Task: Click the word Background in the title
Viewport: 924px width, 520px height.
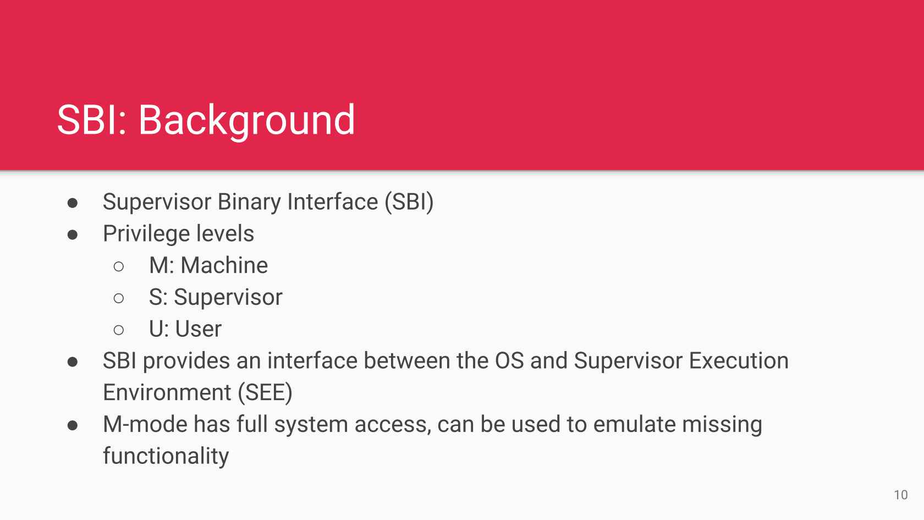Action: pyautogui.click(x=246, y=121)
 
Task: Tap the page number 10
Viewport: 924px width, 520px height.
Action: pyautogui.click(x=901, y=495)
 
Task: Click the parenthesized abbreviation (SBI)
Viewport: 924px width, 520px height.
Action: pyautogui.click(x=409, y=202)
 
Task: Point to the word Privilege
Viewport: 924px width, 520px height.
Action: pyautogui.click(x=146, y=234)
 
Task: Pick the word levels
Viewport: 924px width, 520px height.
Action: pyautogui.click(x=225, y=233)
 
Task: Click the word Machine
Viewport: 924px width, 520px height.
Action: pyautogui.click(x=224, y=265)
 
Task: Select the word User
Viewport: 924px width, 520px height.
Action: pyautogui.click(x=199, y=329)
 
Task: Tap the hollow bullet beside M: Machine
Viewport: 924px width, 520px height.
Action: pyautogui.click(x=119, y=266)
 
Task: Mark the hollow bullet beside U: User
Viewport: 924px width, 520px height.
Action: pyautogui.click(x=119, y=330)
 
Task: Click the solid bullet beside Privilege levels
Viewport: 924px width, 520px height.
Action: pyautogui.click(x=73, y=235)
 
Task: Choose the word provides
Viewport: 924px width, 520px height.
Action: pyautogui.click(x=186, y=361)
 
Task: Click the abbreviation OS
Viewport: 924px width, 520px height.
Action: pyautogui.click(x=509, y=361)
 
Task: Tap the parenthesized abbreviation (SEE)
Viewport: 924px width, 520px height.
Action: pyautogui.click(x=265, y=392)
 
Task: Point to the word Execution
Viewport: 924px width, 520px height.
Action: pyautogui.click(x=739, y=361)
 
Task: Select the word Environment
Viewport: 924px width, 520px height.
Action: pyautogui.click(x=167, y=392)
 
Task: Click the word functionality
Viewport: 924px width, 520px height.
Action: pyautogui.click(x=166, y=457)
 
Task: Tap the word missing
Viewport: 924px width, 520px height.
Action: pyautogui.click(x=722, y=425)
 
